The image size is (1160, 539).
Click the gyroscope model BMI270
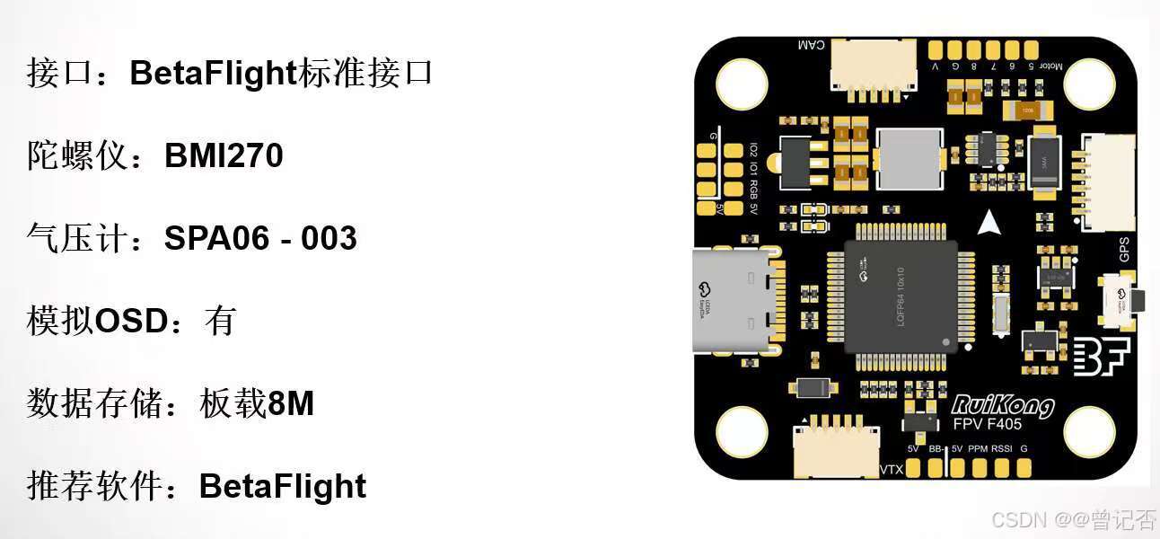coord(224,156)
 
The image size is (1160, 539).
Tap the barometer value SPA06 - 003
coord(260,238)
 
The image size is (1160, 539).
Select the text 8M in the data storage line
coord(291,404)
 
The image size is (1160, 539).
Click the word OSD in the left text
coord(131,321)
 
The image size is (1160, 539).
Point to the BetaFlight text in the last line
coord(282,486)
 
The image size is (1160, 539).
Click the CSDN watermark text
coord(1015,519)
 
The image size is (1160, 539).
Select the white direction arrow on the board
coord(989,221)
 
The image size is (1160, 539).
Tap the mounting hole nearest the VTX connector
coord(742,431)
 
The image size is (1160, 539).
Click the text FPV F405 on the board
coord(986,425)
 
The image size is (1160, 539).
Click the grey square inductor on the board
coord(910,161)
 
